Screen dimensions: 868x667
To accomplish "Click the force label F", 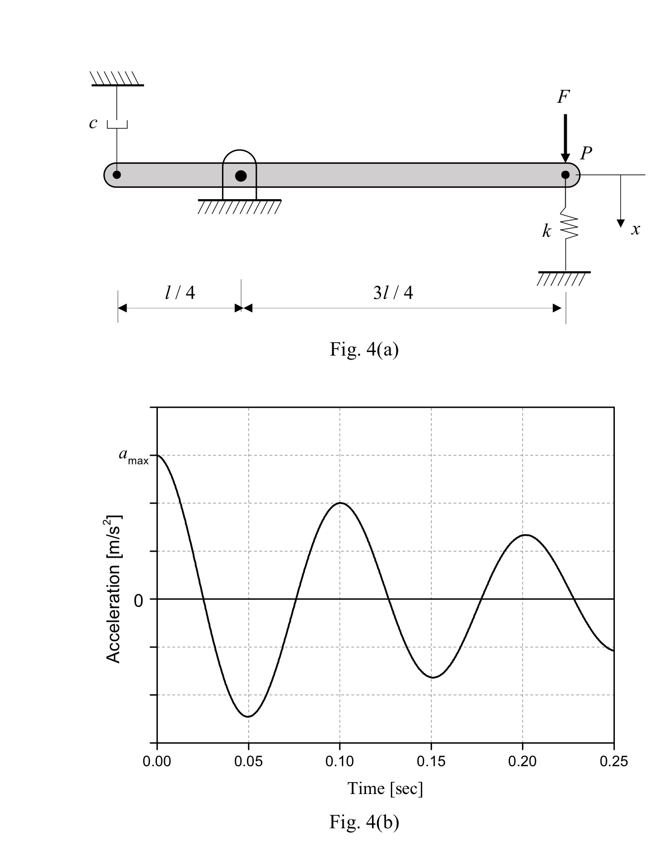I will [563, 97].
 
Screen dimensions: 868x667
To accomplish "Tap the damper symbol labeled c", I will [117, 124].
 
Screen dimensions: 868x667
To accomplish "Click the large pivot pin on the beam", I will [241, 176].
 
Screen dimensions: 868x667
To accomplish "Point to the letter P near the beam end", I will [586, 153].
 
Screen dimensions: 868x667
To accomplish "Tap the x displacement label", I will [635, 229].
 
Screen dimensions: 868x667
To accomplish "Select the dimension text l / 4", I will [180, 292].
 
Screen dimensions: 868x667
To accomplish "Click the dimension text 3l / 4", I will [393, 292].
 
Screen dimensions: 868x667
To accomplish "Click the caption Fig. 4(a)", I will [364, 350].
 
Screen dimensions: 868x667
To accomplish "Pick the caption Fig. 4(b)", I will [364, 822].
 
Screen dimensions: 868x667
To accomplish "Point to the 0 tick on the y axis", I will [139, 601].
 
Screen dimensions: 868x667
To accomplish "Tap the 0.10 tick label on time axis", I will [339, 761].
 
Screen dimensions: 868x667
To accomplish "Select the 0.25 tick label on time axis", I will [613, 761].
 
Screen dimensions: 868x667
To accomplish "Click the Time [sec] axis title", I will [385, 788].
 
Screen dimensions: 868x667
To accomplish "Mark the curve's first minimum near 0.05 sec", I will [248, 716].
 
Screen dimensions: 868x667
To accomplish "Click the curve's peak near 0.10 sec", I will [340, 503].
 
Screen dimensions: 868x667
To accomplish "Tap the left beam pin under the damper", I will [117, 175].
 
